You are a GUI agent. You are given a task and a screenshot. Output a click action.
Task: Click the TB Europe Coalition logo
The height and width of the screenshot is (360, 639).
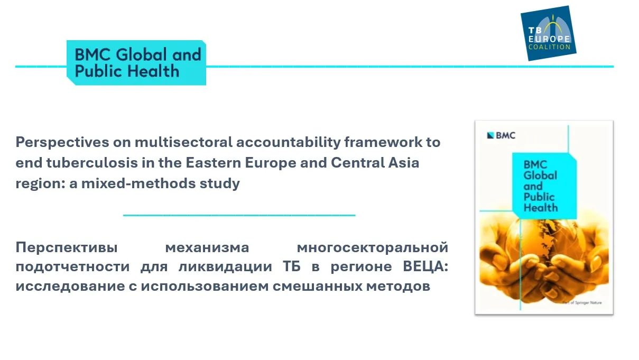[548, 33]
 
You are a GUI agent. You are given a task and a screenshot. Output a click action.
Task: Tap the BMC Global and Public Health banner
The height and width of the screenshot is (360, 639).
[136, 63]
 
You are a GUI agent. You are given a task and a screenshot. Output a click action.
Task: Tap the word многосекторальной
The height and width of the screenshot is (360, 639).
[372, 247]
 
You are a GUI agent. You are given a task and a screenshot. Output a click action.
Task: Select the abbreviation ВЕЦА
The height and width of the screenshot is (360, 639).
[425, 266]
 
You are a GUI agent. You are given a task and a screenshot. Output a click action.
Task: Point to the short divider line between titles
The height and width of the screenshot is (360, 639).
[239, 215]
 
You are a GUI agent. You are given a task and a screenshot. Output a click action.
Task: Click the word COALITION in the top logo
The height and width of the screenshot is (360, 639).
[550, 47]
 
